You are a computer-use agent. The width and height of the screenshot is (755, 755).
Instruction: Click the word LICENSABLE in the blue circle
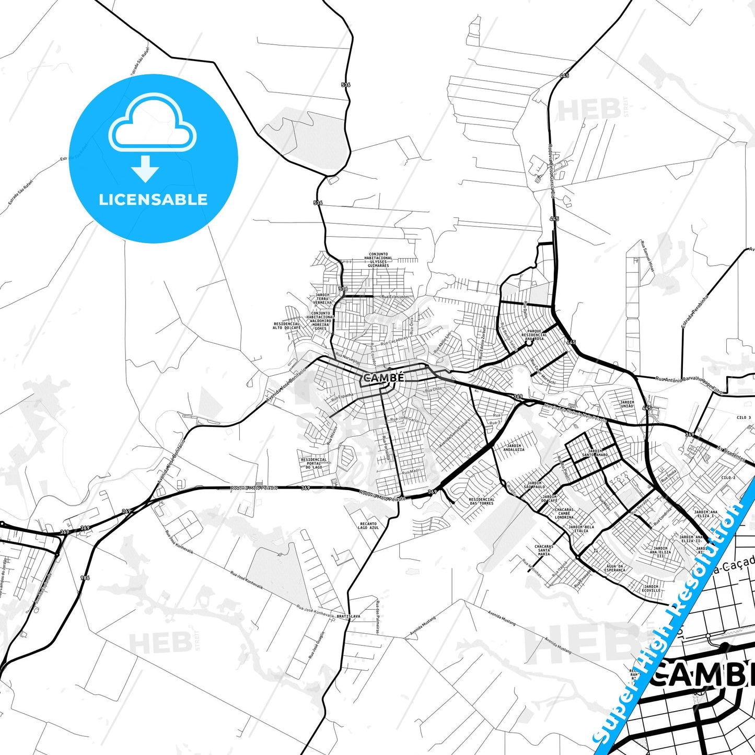pos(153,200)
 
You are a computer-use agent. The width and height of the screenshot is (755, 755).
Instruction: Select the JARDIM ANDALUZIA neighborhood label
pos(514,448)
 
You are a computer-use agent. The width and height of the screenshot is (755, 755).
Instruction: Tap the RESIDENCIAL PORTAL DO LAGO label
pos(314,463)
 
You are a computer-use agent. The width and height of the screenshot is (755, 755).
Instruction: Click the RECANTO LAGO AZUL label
pos(368,526)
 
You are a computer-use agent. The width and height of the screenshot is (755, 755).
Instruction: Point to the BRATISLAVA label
pos(348,616)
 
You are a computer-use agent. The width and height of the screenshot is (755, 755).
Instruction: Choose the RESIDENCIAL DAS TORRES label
pos(481,501)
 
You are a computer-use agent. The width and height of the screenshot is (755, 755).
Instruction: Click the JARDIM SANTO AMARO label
pos(595,453)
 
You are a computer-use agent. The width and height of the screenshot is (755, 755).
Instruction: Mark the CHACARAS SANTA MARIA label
pos(544,550)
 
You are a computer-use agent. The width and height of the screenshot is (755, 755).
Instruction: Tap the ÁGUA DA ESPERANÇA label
pos(614,568)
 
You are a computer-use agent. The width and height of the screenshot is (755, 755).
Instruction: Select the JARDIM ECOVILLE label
pos(651,588)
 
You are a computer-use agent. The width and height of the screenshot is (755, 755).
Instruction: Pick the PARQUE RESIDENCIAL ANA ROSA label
pos(535,335)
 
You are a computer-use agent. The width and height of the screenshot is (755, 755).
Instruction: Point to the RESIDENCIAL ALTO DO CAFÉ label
pos(286,326)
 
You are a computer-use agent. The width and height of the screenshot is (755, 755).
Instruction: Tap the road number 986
pos(85,577)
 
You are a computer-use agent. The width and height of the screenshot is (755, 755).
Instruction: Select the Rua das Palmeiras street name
pos(377,617)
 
